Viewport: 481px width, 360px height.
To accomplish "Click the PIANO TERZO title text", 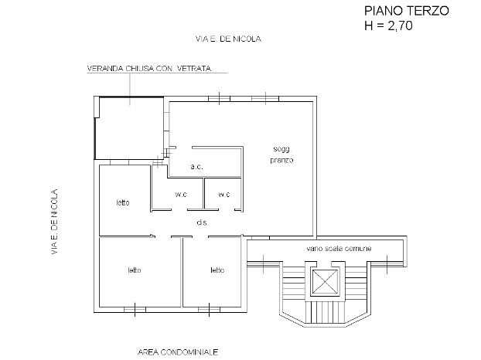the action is click(x=407, y=11).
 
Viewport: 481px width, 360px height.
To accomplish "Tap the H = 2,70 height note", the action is click(x=388, y=25).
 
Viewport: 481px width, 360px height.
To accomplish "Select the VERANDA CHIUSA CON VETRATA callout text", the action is click(x=149, y=68).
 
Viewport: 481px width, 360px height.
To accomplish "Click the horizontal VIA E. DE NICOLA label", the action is click(x=228, y=39).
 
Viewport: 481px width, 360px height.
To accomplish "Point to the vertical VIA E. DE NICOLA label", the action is click(x=54, y=222).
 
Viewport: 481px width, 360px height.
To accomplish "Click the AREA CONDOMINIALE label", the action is click(x=178, y=352).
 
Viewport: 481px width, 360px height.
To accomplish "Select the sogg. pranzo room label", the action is click(x=281, y=155).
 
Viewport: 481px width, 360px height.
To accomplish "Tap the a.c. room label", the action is click(x=196, y=167).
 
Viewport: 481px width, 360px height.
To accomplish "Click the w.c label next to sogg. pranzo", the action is click(x=224, y=194).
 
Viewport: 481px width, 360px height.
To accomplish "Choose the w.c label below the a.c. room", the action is click(x=181, y=194).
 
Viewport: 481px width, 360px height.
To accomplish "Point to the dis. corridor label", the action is click(x=203, y=222).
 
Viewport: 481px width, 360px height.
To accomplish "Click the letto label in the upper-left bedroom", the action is click(x=123, y=202).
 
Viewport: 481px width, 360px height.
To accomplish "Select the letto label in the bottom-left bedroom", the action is click(x=135, y=270).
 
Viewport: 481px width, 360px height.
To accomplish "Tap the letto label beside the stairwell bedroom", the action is click(x=217, y=270).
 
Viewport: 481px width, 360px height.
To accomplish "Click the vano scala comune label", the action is click(x=339, y=248).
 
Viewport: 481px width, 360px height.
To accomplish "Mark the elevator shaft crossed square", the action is click(x=325, y=281).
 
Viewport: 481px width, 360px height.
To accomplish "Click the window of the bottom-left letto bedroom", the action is click(x=135, y=310).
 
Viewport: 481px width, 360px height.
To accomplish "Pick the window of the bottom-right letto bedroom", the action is click(x=209, y=310).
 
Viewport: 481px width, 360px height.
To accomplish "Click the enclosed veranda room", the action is click(x=129, y=127).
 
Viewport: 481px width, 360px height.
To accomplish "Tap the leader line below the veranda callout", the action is click(x=129, y=89).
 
